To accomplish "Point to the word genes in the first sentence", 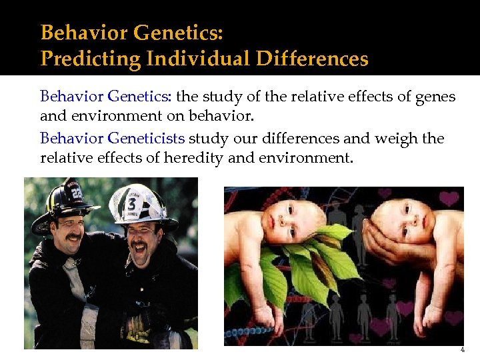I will pos(435,97).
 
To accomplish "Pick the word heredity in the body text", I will pos(211,158).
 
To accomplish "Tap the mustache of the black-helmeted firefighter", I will pos(73,237).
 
